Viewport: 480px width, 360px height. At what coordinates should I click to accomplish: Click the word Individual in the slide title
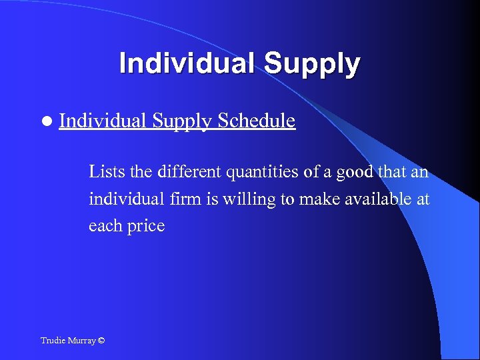[x=187, y=64]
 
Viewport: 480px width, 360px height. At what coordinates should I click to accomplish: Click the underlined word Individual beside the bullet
[x=103, y=121]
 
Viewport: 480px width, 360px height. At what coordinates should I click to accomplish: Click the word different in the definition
[x=189, y=173]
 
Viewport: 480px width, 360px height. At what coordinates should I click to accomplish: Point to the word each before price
[x=105, y=226]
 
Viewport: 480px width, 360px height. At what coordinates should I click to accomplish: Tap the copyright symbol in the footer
[x=101, y=341]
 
